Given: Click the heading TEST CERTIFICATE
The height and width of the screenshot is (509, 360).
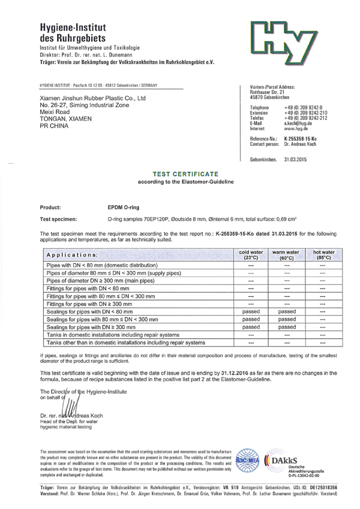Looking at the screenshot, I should pyautogui.click(x=180, y=171).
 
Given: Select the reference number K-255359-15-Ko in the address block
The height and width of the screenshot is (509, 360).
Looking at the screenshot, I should pyautogui.click(x=302, y=139).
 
